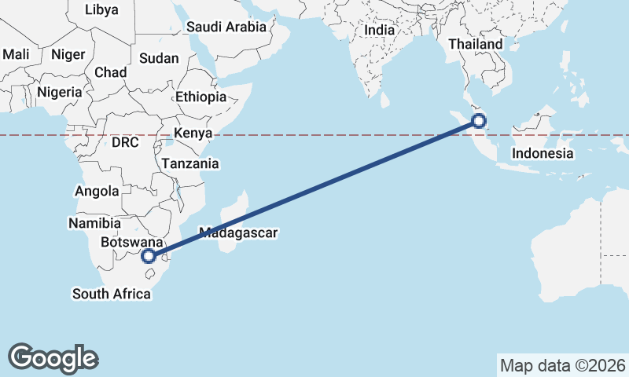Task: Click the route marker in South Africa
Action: click(149, 256)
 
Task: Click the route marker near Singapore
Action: click(478, 121)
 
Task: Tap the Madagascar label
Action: click(239, 232)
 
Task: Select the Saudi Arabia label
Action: click(227, 27)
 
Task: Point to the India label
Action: click(380, 30)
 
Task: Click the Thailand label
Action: click(475, 45)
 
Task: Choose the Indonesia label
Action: click(543, 153)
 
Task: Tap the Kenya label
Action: click(193, 133)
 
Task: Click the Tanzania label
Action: click(189, 164)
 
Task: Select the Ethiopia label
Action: click(200, 97)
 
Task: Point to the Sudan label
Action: click(159, 58)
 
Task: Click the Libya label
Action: click(101, 10)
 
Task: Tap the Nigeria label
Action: click(60, 92)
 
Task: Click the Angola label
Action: click(97, 191)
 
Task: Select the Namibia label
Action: click(94, 223)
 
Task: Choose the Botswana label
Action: click(131, 243)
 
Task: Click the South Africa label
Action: click(111, 295)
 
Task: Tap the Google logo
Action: click(53, 358)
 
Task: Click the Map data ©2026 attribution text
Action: click(562, 365)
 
